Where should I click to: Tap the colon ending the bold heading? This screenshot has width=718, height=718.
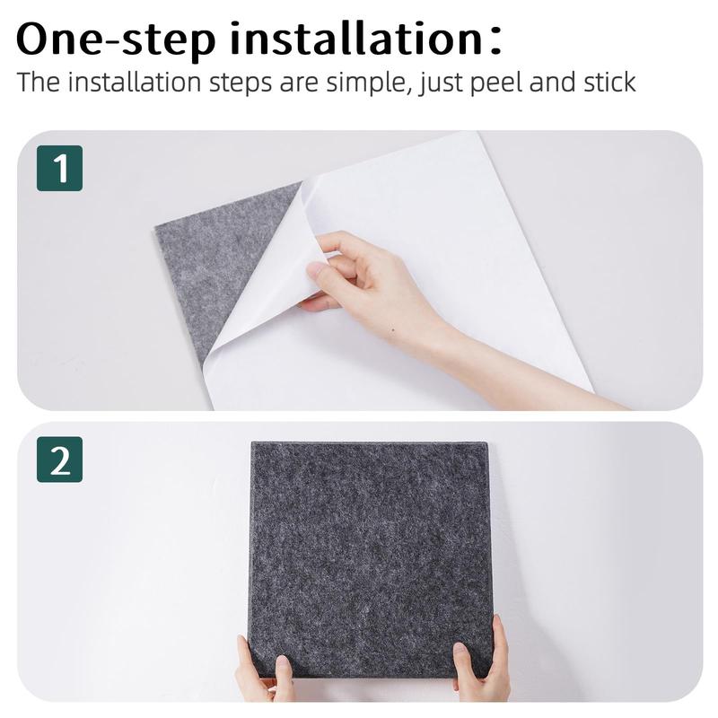click(495, 40)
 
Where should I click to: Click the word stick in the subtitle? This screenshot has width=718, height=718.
click(609, 83)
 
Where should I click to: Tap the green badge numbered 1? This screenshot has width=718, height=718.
click(59, 168)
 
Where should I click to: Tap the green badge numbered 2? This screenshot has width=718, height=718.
click(59, 460)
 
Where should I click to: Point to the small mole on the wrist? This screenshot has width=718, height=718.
click(393, 329)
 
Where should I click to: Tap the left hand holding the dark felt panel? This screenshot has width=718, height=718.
click(259, 672)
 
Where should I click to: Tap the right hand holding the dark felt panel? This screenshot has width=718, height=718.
click(480, 660)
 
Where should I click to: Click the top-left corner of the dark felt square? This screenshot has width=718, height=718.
click(251, 442)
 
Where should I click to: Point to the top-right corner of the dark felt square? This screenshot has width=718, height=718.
click(487, 442)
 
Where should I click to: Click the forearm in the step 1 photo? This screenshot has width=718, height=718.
click(512, 366)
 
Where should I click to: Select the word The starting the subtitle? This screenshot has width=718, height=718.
click(39, 83)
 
